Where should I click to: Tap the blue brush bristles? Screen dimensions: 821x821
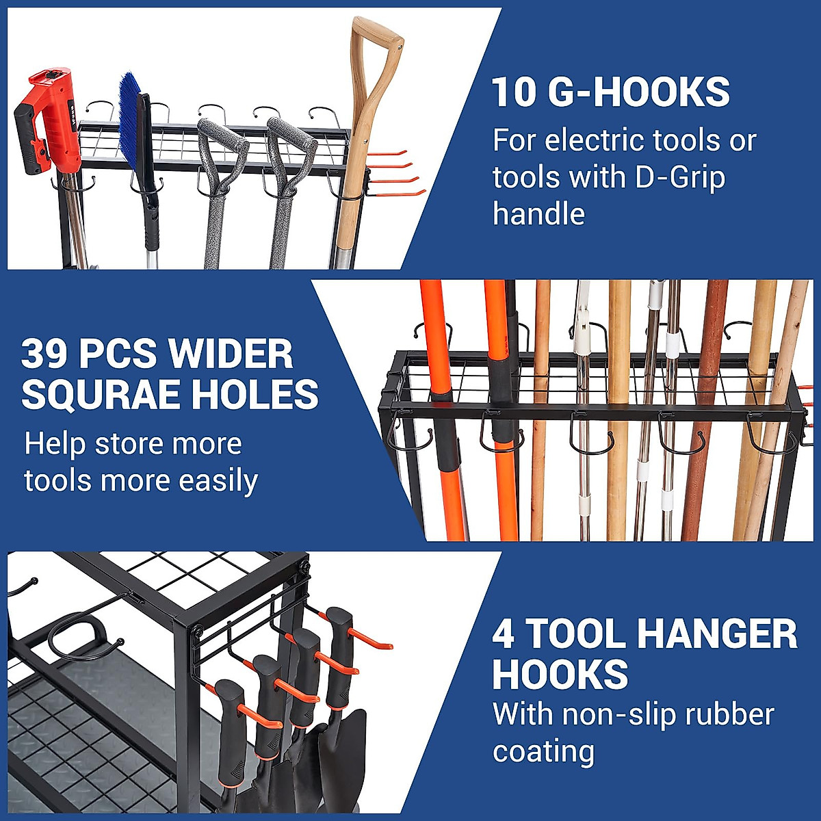coord(130,123)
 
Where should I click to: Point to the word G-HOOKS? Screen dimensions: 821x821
coord(639,92)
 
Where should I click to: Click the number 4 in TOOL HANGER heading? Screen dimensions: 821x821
coord(504,634)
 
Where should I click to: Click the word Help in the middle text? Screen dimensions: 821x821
coord(55,445)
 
